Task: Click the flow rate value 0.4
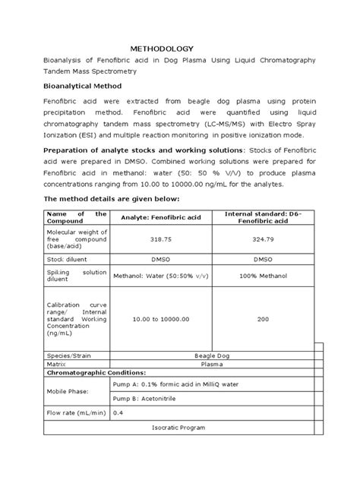point(118,412)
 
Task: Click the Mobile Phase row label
point(68,391)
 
